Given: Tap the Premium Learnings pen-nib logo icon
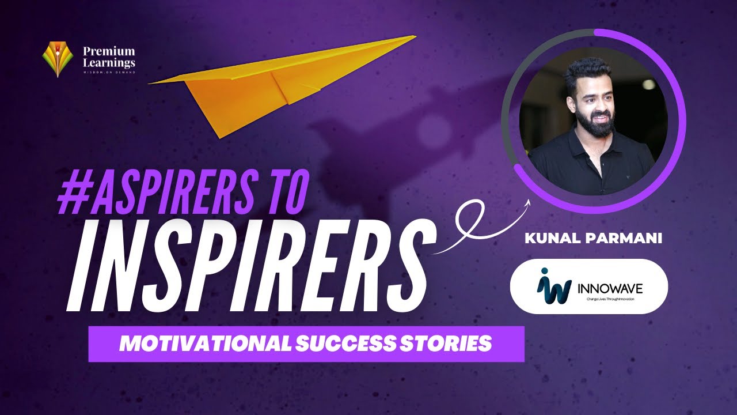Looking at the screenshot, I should (57, 59).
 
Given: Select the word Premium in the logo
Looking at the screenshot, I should (109, 51).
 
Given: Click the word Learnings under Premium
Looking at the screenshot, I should (109, 62).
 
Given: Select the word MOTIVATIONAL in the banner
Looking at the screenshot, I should (204, 344).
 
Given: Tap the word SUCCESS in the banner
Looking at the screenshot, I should (344, 344).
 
